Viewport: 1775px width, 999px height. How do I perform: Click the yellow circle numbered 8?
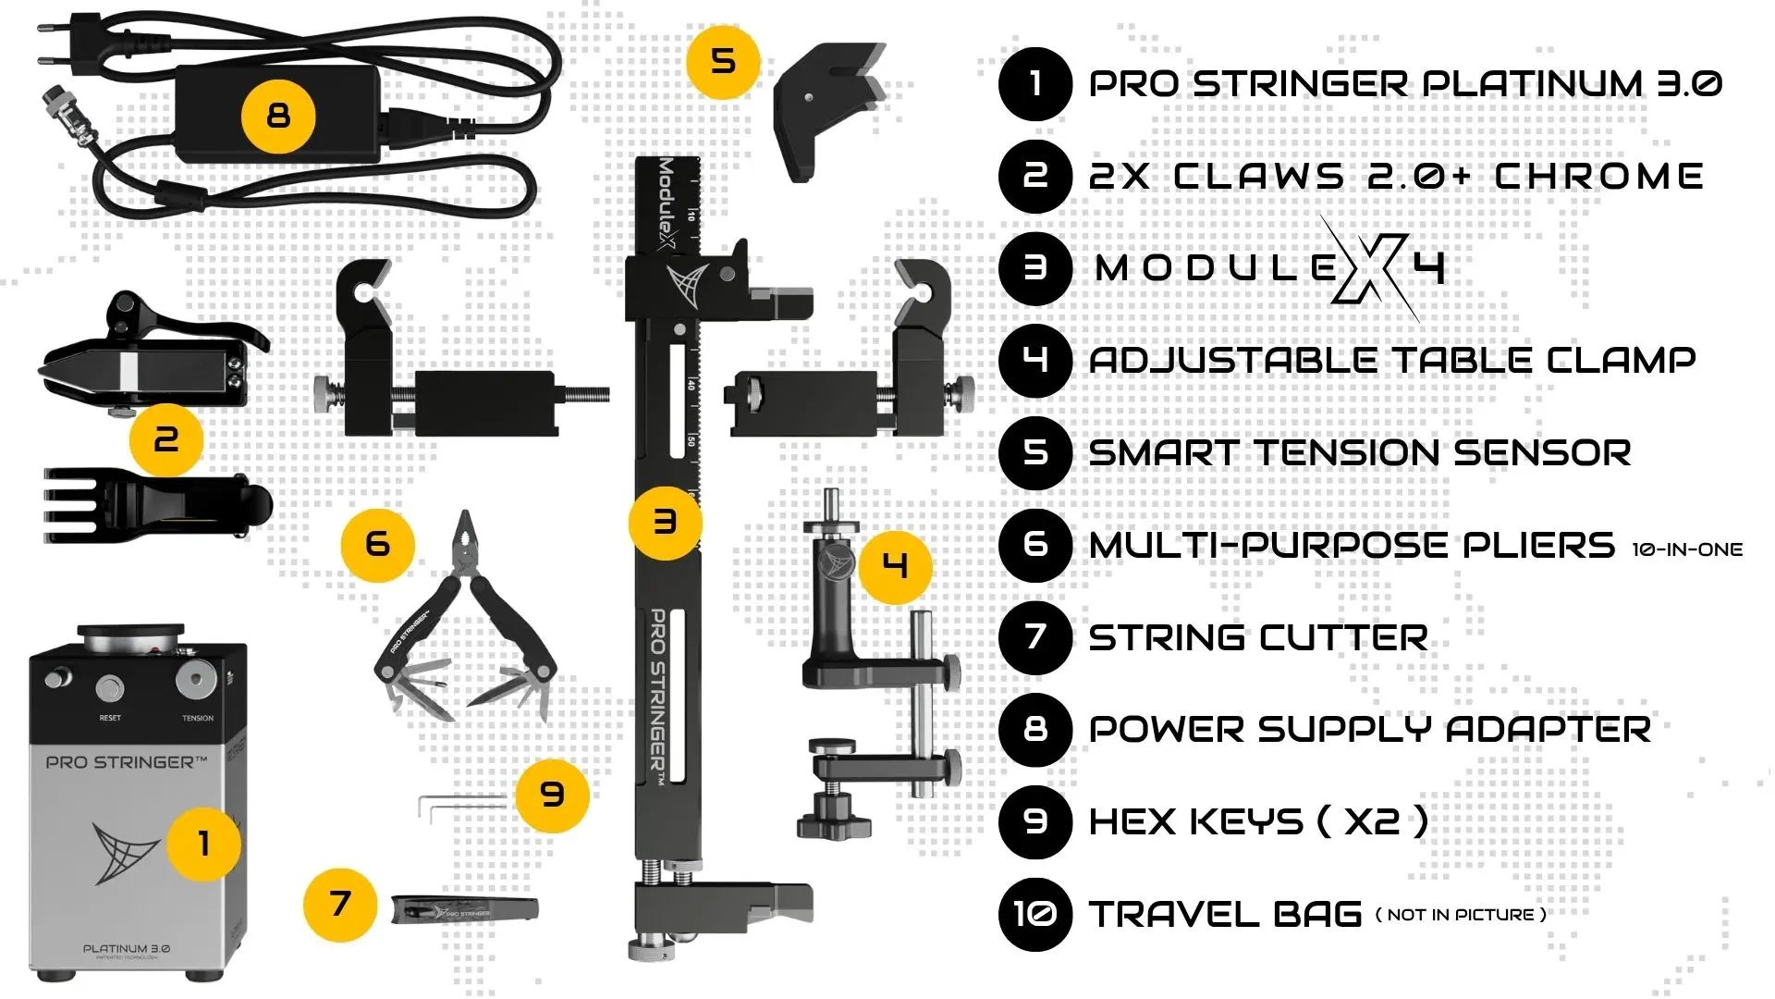tap(278, 117)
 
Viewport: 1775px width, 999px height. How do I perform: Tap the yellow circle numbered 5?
tap(723, 62)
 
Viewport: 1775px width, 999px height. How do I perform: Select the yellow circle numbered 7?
tap(340, 904)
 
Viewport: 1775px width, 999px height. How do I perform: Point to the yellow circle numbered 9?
tap(552, 795)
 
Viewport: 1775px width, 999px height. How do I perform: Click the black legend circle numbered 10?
tap(1034, 914)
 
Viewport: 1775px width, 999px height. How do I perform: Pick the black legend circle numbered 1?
tap(1034, 84)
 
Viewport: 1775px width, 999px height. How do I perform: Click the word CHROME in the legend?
tap(1598, 176)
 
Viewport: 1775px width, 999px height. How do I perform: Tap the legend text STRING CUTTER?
tap(1258, 637)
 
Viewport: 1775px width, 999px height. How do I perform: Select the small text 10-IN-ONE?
tap(1687, 549)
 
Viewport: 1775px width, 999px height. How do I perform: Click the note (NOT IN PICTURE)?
tap(1461, 915)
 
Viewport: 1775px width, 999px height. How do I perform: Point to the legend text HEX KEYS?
tap(1195, 821)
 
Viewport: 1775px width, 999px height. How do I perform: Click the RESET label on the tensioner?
tap(110, 718)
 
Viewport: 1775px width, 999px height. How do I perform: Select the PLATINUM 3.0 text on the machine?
tap(126, 948)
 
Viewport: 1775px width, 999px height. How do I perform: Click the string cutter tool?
tap(464, 910)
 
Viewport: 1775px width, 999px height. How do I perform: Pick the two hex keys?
tap(462, 808)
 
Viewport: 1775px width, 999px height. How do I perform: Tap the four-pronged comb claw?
tap(157, 505)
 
